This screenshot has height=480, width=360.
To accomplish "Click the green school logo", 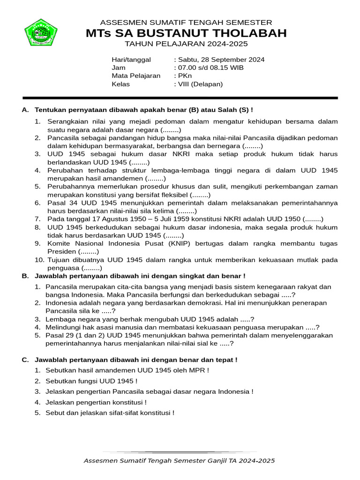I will click(x=41, y=32).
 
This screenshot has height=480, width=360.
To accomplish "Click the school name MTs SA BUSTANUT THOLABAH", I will click(x=186, y=33).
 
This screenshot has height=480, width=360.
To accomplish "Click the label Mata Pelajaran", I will click(x=136, y=76).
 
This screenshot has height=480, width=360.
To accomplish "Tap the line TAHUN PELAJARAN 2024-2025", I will click(x=186, y=44).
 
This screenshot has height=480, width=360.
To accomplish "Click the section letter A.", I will click(x=25, y=110).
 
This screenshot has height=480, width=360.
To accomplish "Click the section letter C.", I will click(x=25, y=360).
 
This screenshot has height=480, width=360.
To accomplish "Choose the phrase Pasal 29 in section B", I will click(x=57, y=336).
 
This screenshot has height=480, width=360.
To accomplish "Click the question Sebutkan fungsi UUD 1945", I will click(x=91, y=381).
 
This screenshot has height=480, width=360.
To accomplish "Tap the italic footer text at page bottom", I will click(x=179, y=461).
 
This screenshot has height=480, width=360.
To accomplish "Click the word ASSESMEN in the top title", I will click(x=121, y=22).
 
